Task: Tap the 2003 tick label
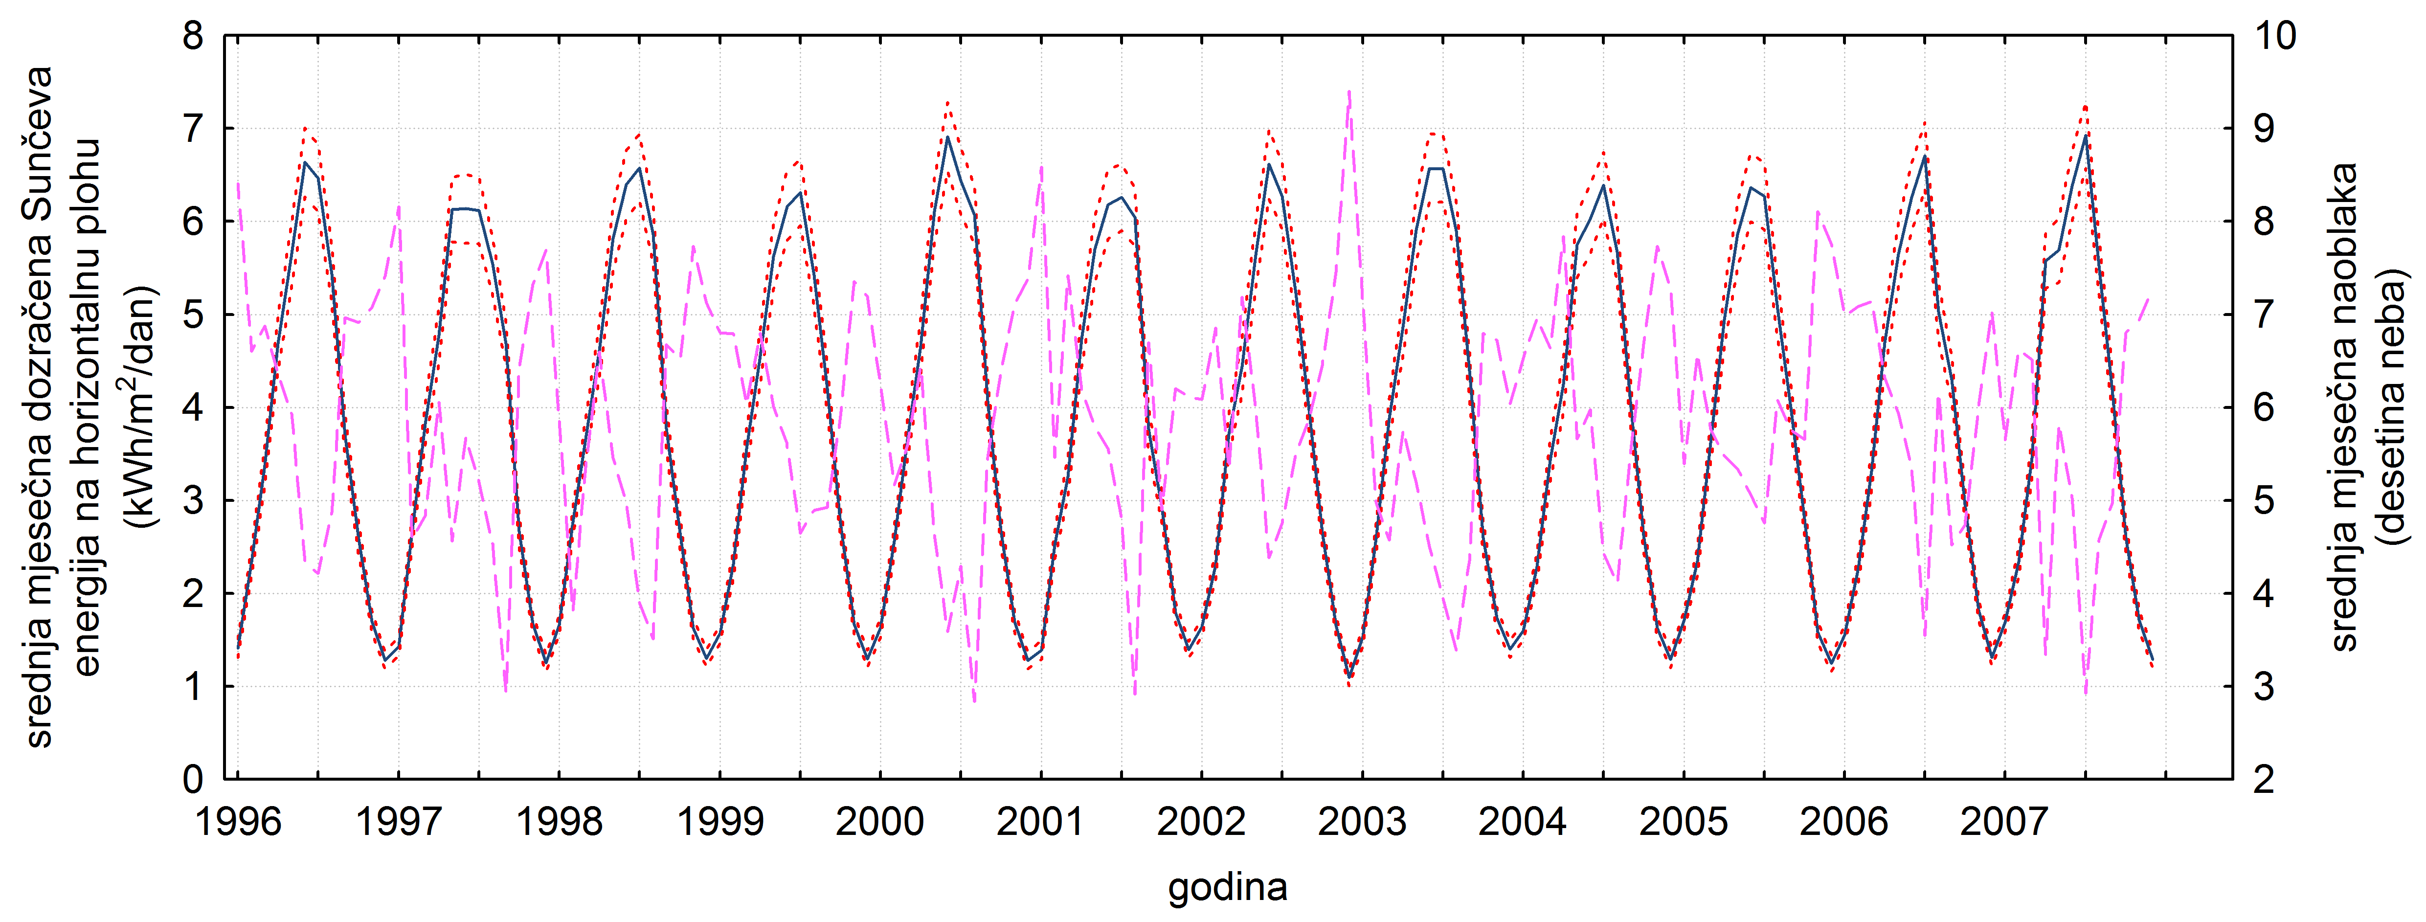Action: pos(1362,822)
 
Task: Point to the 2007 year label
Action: pos(2004,822)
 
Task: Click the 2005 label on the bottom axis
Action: pos(1683,822)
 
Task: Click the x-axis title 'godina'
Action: pos(1227,887)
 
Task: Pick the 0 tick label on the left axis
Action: pos(193,779)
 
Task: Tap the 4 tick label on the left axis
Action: pos(193,408)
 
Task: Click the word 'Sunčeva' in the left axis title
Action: pos(38,132)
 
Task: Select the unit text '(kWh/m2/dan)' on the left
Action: pos(139,407)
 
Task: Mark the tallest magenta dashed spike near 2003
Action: pos(1348,92)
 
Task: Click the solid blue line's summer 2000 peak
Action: pos(947,138)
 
